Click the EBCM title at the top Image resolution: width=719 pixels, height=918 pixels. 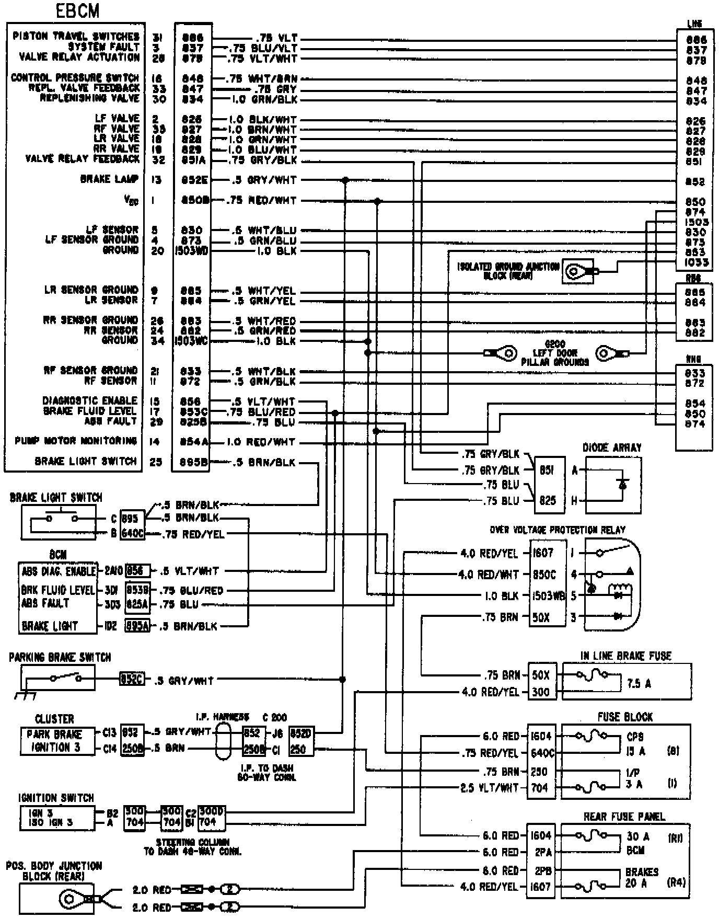(x=78, y=11)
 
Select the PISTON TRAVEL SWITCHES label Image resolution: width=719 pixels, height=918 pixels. (x=76, y=37)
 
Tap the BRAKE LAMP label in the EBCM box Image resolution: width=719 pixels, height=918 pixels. (x=109, y=179)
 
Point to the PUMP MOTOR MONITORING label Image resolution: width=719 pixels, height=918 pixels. (x=76, y=441)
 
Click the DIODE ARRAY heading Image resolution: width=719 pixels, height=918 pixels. (x=612, y=448)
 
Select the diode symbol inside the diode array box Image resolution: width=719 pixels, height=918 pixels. (x=622, y=484)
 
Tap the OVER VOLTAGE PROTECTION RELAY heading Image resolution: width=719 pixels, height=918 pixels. (x=558, y=530)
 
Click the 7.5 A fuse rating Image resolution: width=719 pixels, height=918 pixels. (x=639, y=683)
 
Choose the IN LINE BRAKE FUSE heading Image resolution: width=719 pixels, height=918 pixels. (x=625, y=656)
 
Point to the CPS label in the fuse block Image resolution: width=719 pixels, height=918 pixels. (x=635, y=737)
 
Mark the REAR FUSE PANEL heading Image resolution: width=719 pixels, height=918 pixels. (x=624, y=817)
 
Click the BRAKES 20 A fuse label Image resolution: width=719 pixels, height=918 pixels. (x=642, y=878)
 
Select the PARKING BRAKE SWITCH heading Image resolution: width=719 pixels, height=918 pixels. (x=60, y=658)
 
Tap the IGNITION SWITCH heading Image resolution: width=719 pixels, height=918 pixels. (x=56, y=798)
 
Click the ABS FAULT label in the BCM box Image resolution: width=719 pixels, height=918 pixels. (x=45, y=603)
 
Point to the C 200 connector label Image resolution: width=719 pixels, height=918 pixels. (x=274, y=717)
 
